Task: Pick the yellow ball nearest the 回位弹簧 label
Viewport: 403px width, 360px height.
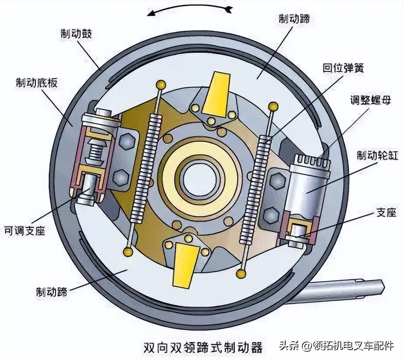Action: pyautogui.click(x=273, y=106)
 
